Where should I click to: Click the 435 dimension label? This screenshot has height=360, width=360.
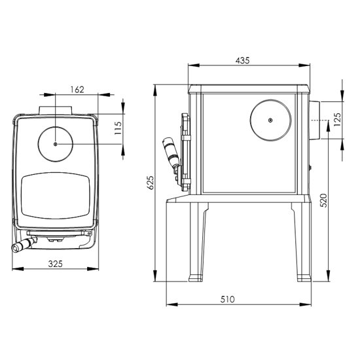pyautogui.click(x=242, y=60)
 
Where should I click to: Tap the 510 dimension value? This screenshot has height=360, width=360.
pyautogui.click(x=228, y=299)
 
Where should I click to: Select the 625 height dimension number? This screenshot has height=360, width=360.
pyautogui.click(x=150, y=183)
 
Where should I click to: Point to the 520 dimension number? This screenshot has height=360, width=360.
pyautogui.click(x=323, y=200)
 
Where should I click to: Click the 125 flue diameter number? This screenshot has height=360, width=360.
pyautogui.click(x=337, y=119)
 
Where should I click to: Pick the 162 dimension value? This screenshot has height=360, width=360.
pyautogui.click(x=77, y=90)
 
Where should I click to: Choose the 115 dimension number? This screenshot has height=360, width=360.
pyautogui.click(x=118, y=128)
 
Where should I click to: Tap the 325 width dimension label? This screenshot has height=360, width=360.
pyautogui.click(x=56, y=264)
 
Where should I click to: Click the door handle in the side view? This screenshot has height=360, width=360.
pyautogui.click(x=171, y=153)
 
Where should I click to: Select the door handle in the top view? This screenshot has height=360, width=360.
pyautogui.click(x=24, y=245)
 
